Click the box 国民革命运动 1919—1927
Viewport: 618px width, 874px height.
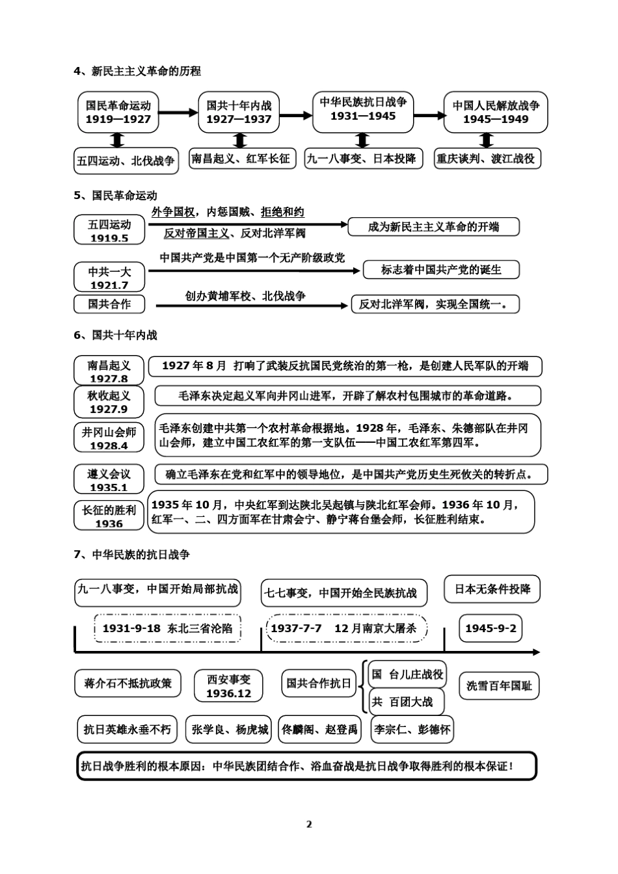(x=118, y=112)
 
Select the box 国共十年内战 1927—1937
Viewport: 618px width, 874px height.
(x=239, y=112)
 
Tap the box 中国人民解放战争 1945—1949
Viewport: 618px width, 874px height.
(x=496, y=112)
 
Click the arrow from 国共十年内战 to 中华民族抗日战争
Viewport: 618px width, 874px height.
(x=296, y=116)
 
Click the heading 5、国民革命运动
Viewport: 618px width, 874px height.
(x=115, y=195)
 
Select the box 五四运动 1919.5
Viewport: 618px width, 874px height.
(x=109, y=230)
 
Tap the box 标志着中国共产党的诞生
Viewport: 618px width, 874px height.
(x=441, y=270)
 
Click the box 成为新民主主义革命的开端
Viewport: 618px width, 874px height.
(x=434, y=226)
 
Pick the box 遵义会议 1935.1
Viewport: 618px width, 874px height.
(x=109, y=480)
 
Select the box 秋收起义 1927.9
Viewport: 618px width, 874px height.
(x=109, y=402)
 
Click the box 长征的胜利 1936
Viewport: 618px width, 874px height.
(x=109, y=516)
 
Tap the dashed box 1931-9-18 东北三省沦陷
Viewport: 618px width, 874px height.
(x=167, y=628)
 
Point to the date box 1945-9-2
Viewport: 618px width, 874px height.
(x=491, y=628)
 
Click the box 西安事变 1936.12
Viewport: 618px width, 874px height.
(x=228, y=686)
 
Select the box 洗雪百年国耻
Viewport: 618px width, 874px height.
(x=499, y=685)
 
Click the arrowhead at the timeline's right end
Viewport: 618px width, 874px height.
(x=535, y=652)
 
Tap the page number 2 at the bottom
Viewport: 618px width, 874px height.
(x=309, y=824)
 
